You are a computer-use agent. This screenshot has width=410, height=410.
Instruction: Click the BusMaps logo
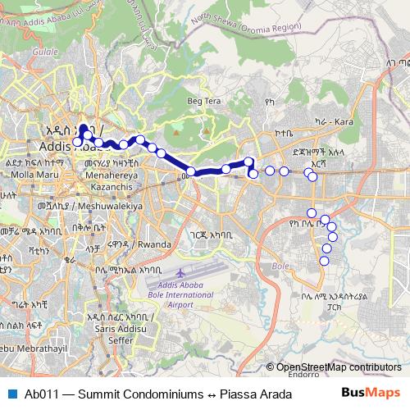371,394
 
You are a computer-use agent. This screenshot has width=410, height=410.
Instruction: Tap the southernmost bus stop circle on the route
324,261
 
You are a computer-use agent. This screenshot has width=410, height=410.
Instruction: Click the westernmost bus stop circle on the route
77,142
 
